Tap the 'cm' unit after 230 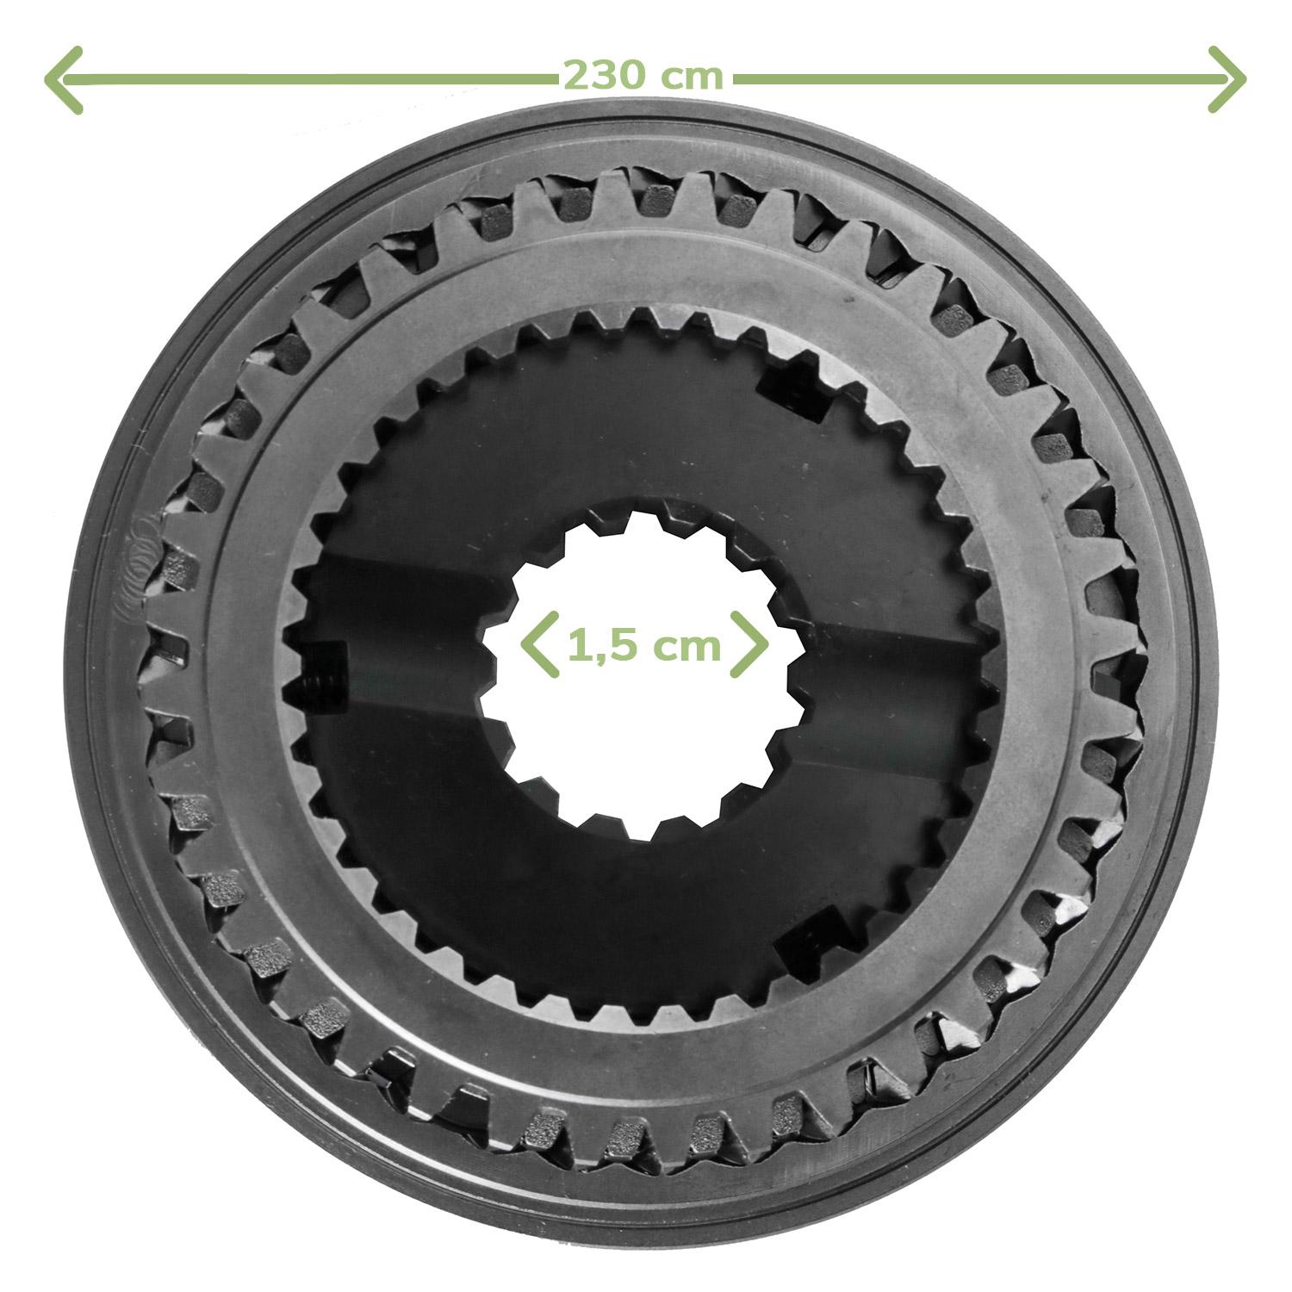[693, 78]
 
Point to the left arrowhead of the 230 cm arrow [62, 79]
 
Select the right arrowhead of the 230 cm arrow [1227, 79]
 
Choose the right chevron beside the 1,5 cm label [748, 644]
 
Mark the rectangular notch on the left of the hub [325, 675]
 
